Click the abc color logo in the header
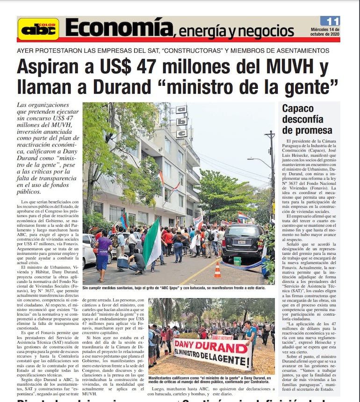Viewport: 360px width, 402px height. pyautogui.click(x=38, y=29)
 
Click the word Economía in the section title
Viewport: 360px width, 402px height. pyautogui.click(x=119, y=28)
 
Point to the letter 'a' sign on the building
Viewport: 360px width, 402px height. pyautogui.click(x=181, y=109)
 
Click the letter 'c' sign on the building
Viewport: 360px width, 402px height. pyautogui.click(x=182, y=133)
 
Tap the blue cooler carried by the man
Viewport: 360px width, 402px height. pyautogui.click(x=123, y=263)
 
